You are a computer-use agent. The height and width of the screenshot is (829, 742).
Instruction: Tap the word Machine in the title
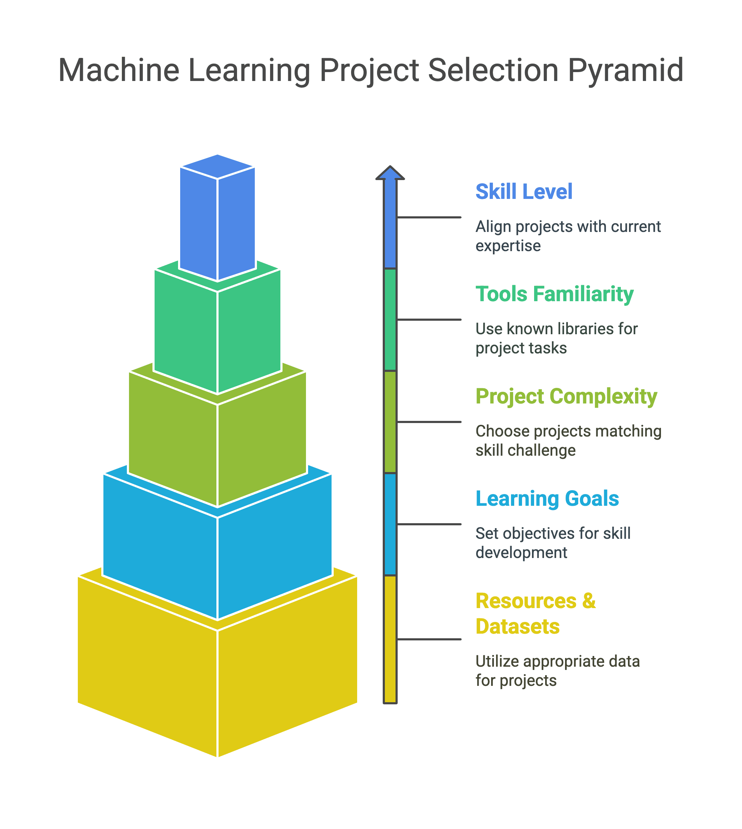coord(119,70)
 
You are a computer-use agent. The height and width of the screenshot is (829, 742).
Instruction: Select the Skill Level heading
coord(524,191)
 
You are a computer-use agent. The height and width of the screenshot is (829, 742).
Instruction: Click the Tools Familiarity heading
coord(554,294)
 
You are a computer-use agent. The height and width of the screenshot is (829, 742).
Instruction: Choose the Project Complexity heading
coord(566,397)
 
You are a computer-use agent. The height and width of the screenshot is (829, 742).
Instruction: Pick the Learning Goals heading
coord(547,498)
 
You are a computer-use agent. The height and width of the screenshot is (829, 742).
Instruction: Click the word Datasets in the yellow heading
coord(517,627)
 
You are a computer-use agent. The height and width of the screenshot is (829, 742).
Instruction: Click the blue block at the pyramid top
coord(218,218)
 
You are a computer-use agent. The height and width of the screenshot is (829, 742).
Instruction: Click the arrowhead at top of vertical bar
coord(390,173)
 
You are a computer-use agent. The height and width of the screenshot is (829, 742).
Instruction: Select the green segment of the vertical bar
coord(390,320)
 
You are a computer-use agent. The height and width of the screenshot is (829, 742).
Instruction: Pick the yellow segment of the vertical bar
coord(390,639)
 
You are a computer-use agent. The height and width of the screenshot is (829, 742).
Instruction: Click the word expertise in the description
coord(508,246)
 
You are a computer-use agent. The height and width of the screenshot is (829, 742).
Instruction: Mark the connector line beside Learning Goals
coord(429,524)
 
